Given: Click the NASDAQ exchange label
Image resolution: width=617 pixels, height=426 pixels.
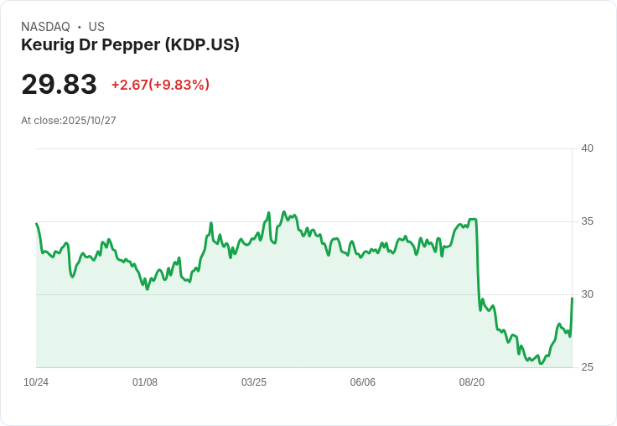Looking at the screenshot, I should pyautogui.click(x=45, y=27).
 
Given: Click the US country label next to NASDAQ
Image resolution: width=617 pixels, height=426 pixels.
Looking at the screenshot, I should pyautogui.click(x=96, y=27).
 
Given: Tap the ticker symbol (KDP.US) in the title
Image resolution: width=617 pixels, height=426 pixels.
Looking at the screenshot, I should pyautogui.click(x=202, y=44).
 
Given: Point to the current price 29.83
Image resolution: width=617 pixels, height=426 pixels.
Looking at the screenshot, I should pyautogui.click(x=59, y=85).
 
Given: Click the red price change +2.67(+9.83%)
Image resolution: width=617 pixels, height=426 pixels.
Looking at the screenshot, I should pyautogui.click(x=160, y=85).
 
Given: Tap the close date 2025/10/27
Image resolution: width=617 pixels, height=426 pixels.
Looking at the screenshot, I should pyautogui.click(x=89, y=121).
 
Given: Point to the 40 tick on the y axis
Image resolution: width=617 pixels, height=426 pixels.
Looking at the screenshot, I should pyautogui.click(x=587, y=148).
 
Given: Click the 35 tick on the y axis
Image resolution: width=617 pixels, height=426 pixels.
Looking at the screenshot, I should pyautogui.click(x=587, y=221).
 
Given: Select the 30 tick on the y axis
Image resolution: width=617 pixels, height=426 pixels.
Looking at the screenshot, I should pyautogui.click(x=587, y=294).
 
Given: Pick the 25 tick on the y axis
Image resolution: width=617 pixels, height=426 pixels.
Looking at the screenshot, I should pyautogui.click(x=587, y=367).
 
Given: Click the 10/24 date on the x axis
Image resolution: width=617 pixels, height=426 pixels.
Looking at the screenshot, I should pyautogui.click(x=36, y=382).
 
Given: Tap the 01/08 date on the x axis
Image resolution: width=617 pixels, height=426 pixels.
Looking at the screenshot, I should pyautogui.click(x=145, y=382).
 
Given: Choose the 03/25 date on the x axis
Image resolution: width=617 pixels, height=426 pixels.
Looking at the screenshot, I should pyautogui.click(x=254, y=382).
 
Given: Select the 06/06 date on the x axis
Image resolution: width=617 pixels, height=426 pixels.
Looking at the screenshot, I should pyautogui.click(x=363, y=382).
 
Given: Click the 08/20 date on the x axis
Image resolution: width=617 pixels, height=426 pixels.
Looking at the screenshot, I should pyautogui.click(x=472, y=382).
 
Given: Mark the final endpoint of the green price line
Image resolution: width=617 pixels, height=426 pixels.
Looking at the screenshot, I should pyautogui.click(x=572, y=298).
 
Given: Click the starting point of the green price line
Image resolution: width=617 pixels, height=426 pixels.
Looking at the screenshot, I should pyautogui.click(x=37, y=224).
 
